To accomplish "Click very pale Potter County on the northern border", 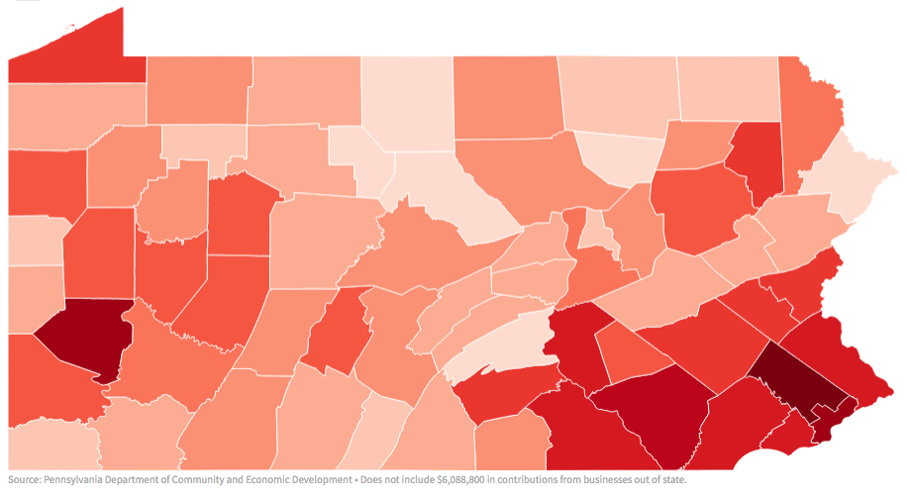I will click(x=406, y=104).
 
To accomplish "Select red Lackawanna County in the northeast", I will click(x=757, y=158).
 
